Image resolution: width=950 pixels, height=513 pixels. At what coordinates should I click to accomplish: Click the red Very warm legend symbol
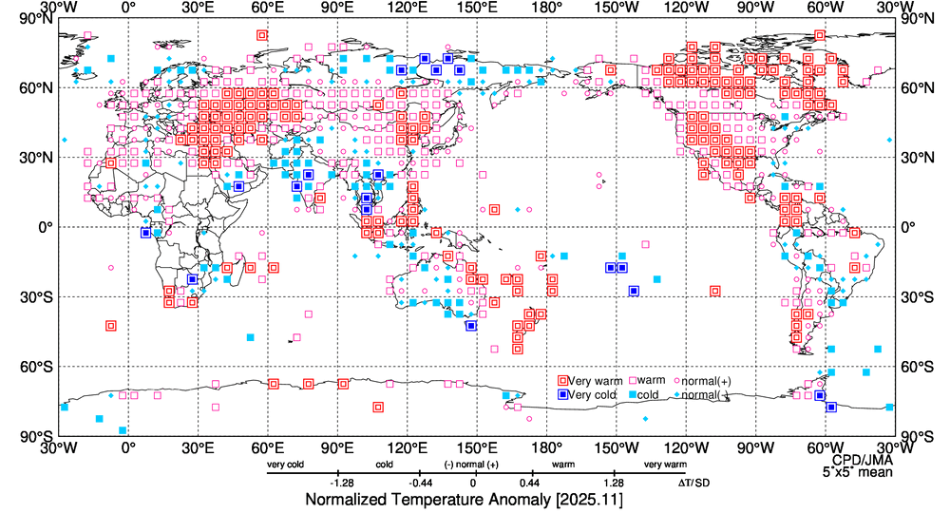(x=563, y=381)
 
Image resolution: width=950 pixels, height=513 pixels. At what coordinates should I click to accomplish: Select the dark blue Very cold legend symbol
(x=563, y=394)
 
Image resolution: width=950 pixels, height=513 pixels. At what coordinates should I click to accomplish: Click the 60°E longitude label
(x=268, y=8)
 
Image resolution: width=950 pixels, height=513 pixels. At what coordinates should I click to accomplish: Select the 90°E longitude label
(x=337, y=8)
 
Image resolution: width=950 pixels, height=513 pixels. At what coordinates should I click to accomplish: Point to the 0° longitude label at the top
(x=129, y=8)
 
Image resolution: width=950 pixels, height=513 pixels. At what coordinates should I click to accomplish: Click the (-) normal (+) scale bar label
(x=472, y=465)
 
